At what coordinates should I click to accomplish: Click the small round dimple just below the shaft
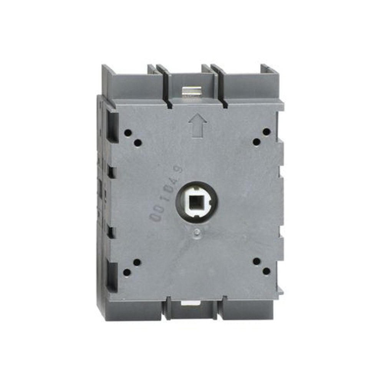click(x=197, y=232)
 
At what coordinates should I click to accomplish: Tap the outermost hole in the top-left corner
click(x=128, y=133)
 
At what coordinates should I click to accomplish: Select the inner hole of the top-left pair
click(x=138, y=143)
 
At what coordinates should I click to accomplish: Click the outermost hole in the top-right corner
click(x=266, y=132)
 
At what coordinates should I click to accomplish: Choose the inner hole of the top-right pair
click(x=257, y=142)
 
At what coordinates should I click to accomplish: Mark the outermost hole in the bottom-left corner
click(x=127, y=273)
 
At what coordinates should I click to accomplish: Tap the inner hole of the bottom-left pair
click(x=137, y=263)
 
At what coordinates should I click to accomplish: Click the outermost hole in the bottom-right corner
click(x=266, y=271)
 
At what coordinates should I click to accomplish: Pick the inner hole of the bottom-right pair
click(x=256, y=262)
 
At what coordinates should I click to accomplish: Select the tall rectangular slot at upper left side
click(x=113, y=127)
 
